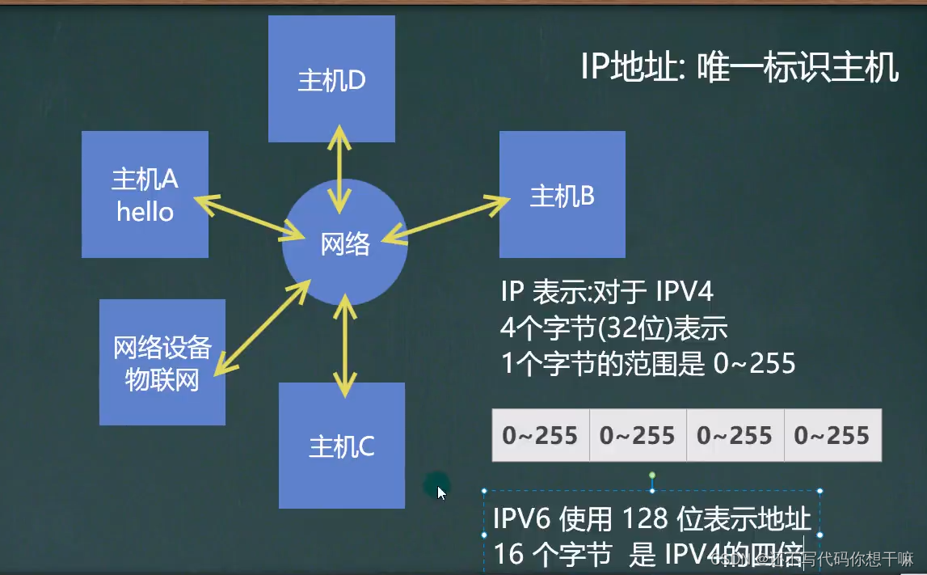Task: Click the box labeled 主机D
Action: pos(331,78)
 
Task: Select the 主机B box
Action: pos(562,194)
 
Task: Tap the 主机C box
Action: pos(341,446)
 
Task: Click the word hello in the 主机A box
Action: pos(145,212)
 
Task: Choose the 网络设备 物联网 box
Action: pos(162,362)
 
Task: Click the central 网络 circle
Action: pos(345,243)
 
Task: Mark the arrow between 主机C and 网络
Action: pos(345,345)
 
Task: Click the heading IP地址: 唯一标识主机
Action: pos(739,68)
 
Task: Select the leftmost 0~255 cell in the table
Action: pos(541,437)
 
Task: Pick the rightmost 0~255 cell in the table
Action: pos(832,437)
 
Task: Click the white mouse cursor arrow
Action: pos(441,491)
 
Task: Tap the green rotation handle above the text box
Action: pos(652,476)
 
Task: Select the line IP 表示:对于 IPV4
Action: pos(606,291)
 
